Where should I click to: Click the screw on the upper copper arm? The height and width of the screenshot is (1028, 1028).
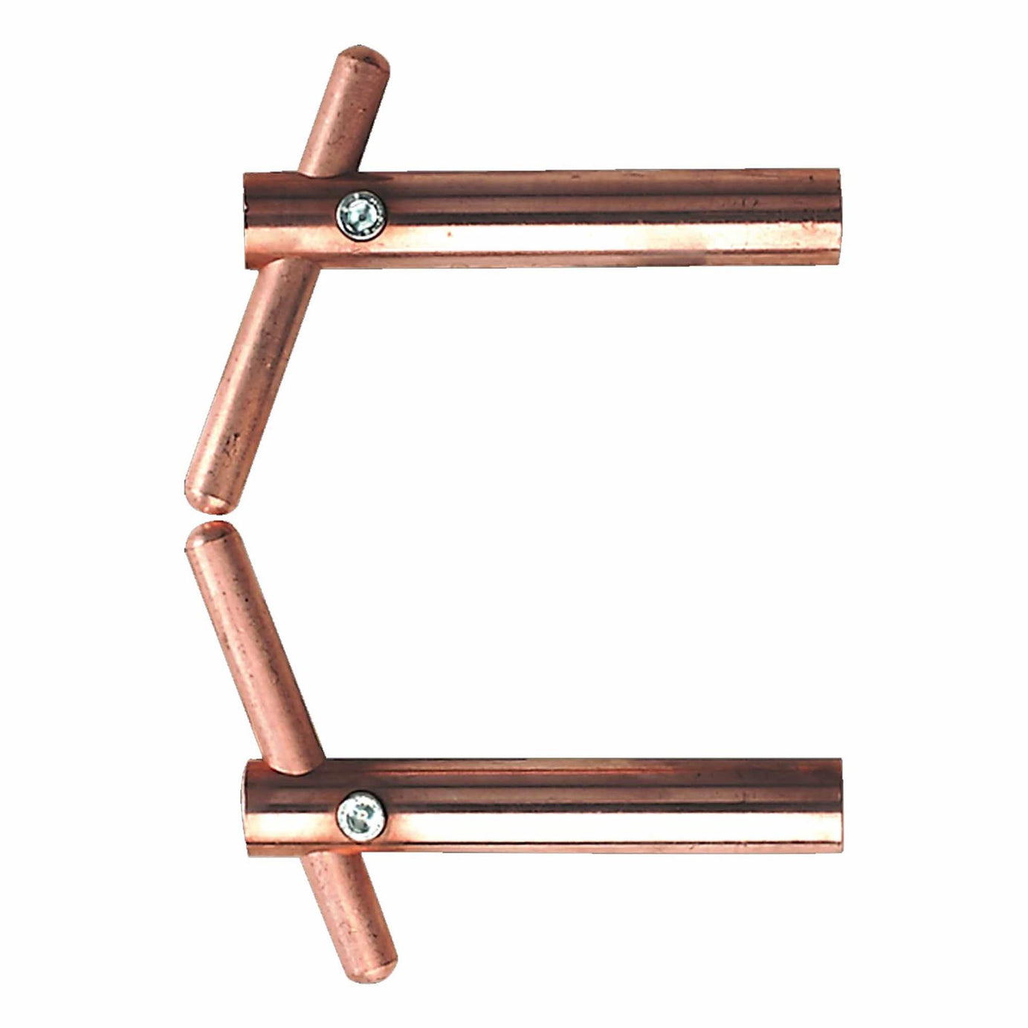click(361, 213)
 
